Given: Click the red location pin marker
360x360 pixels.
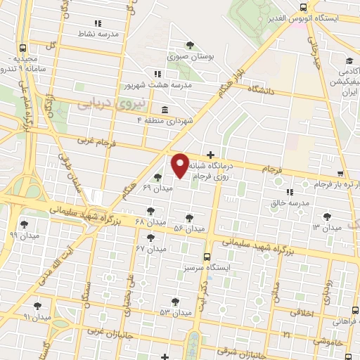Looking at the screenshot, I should [x=180, y=165].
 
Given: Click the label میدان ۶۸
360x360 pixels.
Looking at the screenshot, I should [x=149, y=222].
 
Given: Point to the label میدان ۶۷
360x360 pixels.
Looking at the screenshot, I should [x=150, y=249].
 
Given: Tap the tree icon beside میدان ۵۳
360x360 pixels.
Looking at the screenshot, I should [x=175, y=301].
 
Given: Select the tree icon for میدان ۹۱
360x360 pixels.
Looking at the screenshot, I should [x=37, y=306].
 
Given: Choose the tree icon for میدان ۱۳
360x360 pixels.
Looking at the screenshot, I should [x=326, y=217].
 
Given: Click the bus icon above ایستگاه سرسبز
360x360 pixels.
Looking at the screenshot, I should [x=207, y=257].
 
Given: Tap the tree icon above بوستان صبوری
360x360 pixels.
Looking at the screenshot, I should [x=190, y=46].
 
